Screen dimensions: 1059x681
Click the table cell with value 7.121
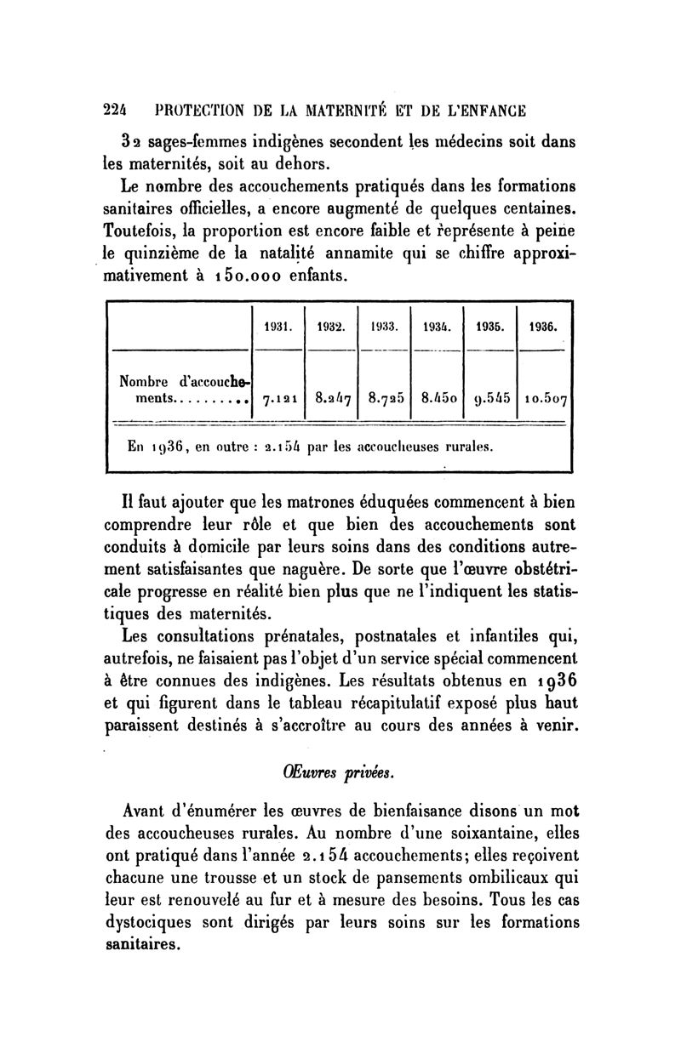coord(279,396)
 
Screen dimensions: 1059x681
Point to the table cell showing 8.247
coord(333,396)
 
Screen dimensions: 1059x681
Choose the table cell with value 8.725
coord(387,396)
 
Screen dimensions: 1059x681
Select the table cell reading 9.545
coord(490,396)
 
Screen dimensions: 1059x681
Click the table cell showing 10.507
coord(546,396)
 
